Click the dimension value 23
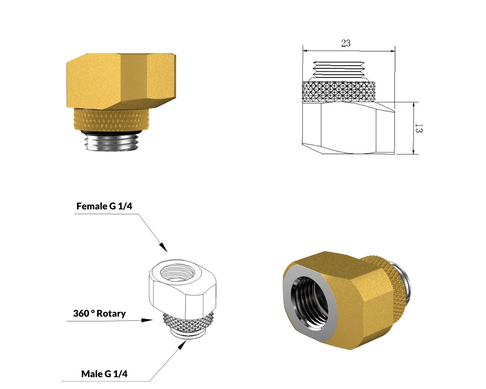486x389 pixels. click(346, 43)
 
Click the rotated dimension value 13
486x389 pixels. click(419, 128)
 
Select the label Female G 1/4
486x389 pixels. click(104, 206)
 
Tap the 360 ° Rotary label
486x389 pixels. click(99, 314)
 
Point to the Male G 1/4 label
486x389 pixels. click(104, 374)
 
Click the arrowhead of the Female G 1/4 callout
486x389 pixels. click(163, 247)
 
